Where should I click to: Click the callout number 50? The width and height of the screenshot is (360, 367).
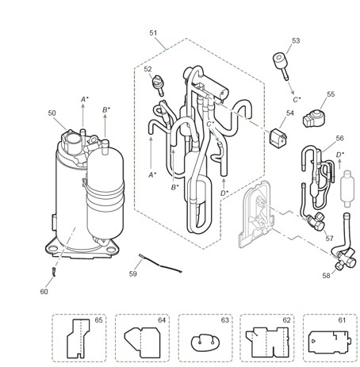coord(52,113)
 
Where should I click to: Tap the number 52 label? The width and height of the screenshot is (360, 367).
coord(147,69)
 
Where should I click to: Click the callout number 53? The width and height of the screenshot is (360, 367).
coord(296,40)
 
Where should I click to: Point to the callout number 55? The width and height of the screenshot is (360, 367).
coord(331,94)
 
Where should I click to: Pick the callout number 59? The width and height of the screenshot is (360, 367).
coord(133,273)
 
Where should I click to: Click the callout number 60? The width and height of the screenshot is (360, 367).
coord(44,292)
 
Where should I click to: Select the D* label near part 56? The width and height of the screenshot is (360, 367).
coord(339,154)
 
